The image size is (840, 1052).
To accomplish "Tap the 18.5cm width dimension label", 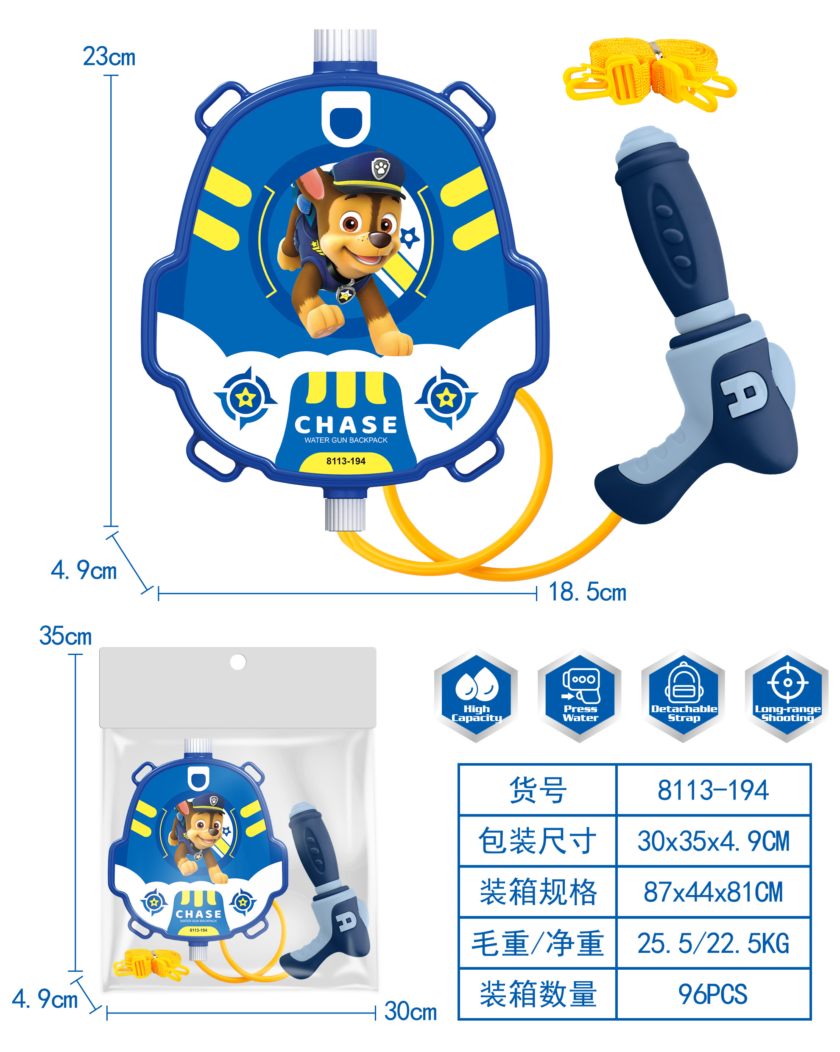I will (587, 592).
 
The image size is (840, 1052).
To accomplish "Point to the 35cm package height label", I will (65, 636).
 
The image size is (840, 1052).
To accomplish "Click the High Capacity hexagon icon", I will (476, 696).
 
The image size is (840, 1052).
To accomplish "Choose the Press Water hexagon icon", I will (580, 696).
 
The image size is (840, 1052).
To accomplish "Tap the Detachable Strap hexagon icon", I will (683, 696).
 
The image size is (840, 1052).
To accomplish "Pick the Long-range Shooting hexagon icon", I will (787, 696).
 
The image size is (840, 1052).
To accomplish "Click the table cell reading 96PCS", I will (713, 994).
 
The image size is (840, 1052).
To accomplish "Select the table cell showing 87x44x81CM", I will (713, 892).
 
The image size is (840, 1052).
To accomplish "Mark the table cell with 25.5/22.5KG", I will (713, 943).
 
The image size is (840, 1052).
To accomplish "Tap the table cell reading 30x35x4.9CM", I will (713, 841).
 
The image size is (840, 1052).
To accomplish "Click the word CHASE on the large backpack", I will (346, 425).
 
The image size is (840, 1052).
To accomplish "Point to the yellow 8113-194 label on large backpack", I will (346, 461).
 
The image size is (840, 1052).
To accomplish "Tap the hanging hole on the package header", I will (238, 662).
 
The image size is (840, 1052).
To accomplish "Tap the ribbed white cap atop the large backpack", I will (345, 45).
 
